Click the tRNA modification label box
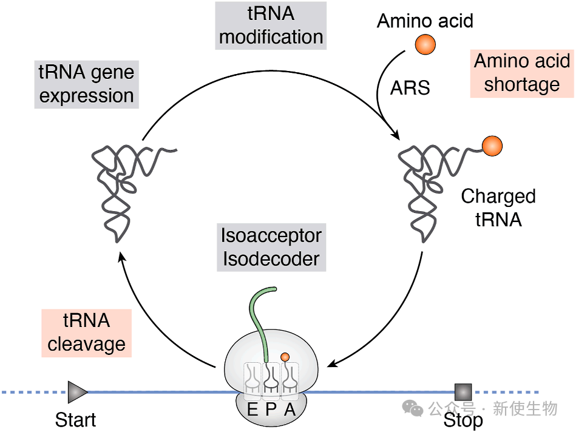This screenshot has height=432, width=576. pos(271,25)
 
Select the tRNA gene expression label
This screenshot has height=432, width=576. pos(86,84)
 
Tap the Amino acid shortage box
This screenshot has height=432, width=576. pos(521,73)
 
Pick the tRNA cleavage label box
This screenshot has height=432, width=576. pos(86,332)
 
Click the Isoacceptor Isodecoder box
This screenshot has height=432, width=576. pos(271,247)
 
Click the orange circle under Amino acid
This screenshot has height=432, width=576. pos(425,45)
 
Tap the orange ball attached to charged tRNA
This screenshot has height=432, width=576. pos(492,145)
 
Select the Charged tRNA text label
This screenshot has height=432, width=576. pos(498,208)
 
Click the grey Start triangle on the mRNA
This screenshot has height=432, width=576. pos(77,392)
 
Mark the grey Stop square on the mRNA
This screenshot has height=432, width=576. pos(463,392)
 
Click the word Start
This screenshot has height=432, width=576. pos(75,419)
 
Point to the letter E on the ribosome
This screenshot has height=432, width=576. pos(252,410)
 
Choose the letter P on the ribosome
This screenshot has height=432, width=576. pos(271,410)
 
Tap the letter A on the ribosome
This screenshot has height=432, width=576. pos(290,410)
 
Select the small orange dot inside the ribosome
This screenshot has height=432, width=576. pos(284,357)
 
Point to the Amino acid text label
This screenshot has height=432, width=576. pos(425,21)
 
